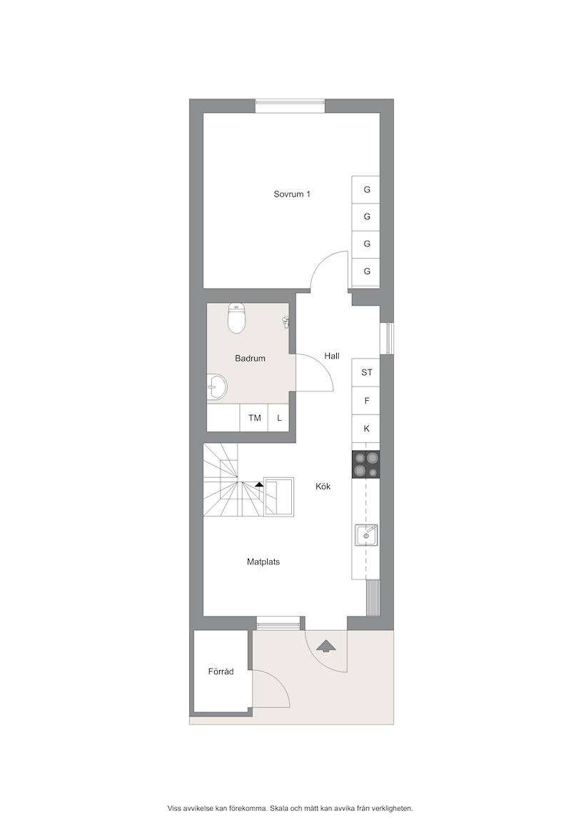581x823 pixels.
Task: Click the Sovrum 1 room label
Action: (x=291, y=194)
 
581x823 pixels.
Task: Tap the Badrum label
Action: (x=250, y=359)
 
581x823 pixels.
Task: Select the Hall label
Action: (x=331, y=356)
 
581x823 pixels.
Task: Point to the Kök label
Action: (x=323, y=487)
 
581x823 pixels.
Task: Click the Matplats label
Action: (x=263, y=562)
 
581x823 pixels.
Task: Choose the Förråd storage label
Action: (x=221, y=672)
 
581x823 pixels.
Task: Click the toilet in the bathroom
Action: (x=236, y=319)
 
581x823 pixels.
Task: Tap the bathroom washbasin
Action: (x=216, y=387)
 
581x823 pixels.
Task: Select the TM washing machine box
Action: (x=254, y=418)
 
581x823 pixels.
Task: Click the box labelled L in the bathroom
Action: (x=279, y=418)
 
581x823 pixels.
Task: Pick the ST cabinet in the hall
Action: (x=366, y=372)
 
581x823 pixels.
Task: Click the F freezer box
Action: (x=366, y=401)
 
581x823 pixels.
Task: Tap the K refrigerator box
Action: (x=366, y=429)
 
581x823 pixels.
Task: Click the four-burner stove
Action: (x=365, y=464)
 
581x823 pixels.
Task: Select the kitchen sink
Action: (x=365, y=536)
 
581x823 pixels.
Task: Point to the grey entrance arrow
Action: (x=327, y=645)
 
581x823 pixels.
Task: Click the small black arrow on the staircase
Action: (x=259, y=484)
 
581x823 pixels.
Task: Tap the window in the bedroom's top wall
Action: (x=290, y=106)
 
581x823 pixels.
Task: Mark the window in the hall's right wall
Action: (x=386, y=338)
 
